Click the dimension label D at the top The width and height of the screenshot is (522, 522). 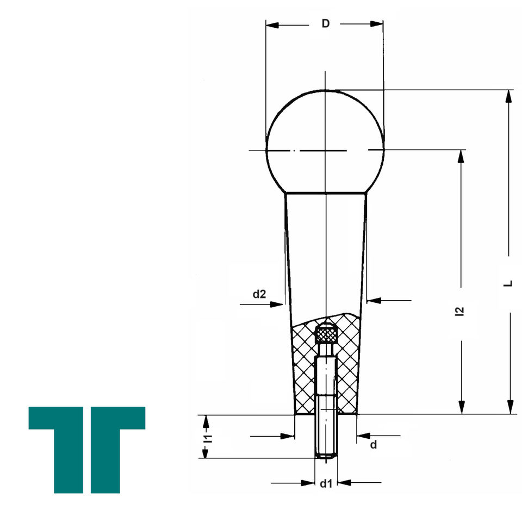pos(326,23)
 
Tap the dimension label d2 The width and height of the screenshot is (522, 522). pos(259,294)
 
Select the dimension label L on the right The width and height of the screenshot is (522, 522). pos(508,284)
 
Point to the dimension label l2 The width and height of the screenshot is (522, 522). pos(459,311)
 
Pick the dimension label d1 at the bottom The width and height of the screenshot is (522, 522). pos(326,484)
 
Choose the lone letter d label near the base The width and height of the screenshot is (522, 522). pos(374,445)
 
